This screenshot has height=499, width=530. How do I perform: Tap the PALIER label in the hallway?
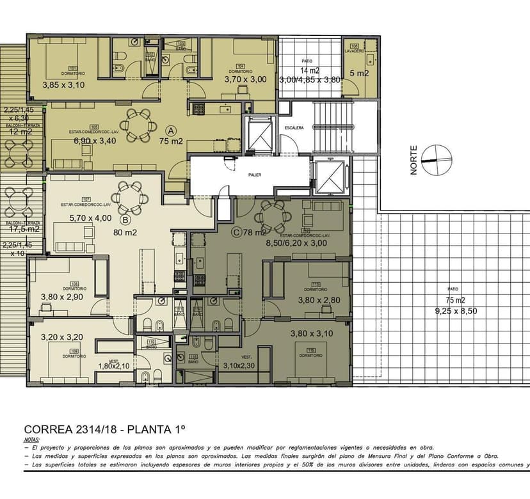tap(255, 173)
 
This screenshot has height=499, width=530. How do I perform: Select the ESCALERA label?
tap(294, 128)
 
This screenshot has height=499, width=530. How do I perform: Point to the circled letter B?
tap(125, 219)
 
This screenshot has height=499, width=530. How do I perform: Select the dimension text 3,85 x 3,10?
tap(63, 84)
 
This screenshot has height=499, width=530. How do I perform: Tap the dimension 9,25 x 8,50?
tap(456, 312)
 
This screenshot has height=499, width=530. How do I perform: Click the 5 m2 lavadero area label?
tap(358, 74)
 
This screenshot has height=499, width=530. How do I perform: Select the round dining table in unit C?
tap(273, 216)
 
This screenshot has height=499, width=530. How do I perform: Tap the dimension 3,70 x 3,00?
tap(245, 79)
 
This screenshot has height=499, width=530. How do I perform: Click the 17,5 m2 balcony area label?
tap(24, 228)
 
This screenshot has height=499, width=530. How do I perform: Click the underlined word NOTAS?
tap(31, 440)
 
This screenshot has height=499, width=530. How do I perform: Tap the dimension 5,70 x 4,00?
tap(90, 218)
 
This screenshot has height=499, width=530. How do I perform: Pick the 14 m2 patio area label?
tap(310, 70)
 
